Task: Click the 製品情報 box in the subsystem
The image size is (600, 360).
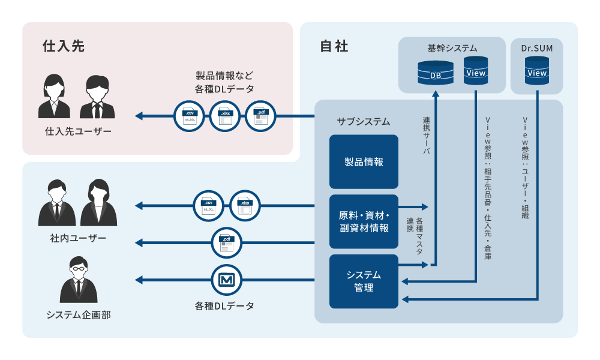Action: click(x=364, y=161)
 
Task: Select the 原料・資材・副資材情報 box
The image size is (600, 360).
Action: click(x=364, y=221)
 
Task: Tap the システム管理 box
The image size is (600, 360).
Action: click(x=364, y=281)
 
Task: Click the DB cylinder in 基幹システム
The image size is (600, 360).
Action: click(x=435, y=73)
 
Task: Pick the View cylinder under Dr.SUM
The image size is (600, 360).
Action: click(x=536, y=71)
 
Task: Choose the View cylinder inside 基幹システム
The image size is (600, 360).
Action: click(x=476, y=71)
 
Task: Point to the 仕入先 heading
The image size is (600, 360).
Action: click(x=63, y=46)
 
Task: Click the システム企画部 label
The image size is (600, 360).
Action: click(x=78, y=314)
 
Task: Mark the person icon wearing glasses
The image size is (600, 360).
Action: click(x=79, y=279)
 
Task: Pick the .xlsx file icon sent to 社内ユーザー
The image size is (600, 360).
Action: click(x=245, y=206)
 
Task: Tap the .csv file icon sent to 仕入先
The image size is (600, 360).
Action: click(x=189, y=116)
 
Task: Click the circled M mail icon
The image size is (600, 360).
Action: click(x=227, y=280)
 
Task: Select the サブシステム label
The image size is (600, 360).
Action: click(x=364, y=121)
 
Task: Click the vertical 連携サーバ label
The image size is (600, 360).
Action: click(x=427, y=135)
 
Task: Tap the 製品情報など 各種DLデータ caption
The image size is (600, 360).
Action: click(x=224, y=82)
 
